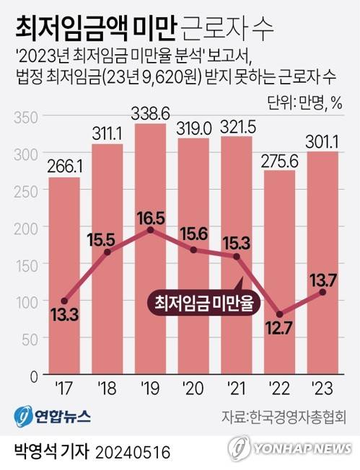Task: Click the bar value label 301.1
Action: [322, 140]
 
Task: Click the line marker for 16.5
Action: [149, 230]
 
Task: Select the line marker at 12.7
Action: [278, 314]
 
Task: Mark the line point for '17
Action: [64, 301]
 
